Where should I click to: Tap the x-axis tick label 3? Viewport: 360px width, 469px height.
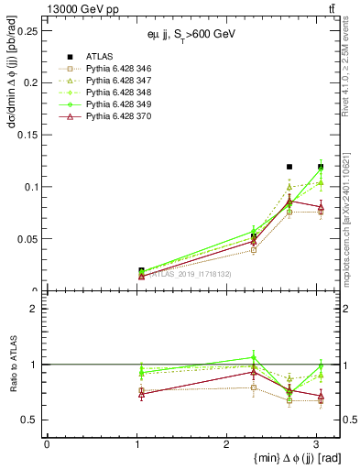click(x=316, y=443)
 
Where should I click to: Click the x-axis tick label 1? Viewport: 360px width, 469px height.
click(x=136, y=443)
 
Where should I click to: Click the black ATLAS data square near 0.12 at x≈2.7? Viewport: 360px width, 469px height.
click(x=289, y=167)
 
